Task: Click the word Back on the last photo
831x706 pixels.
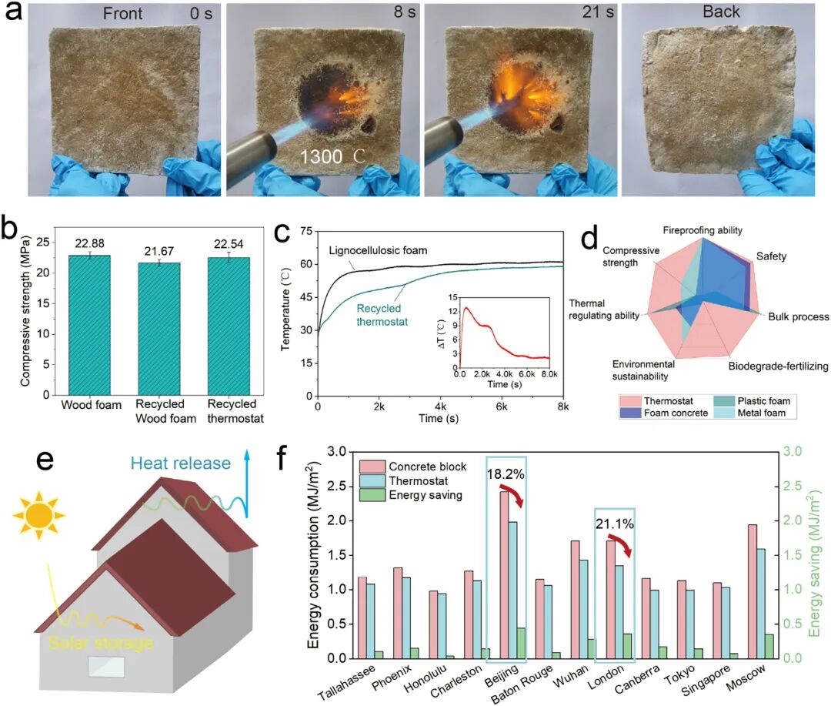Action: click(721, 12)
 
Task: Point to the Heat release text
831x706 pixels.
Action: click(180, 463)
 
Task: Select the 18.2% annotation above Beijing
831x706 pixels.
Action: click(505, 474)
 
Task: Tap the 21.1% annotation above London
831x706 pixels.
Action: click(613, 524)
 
